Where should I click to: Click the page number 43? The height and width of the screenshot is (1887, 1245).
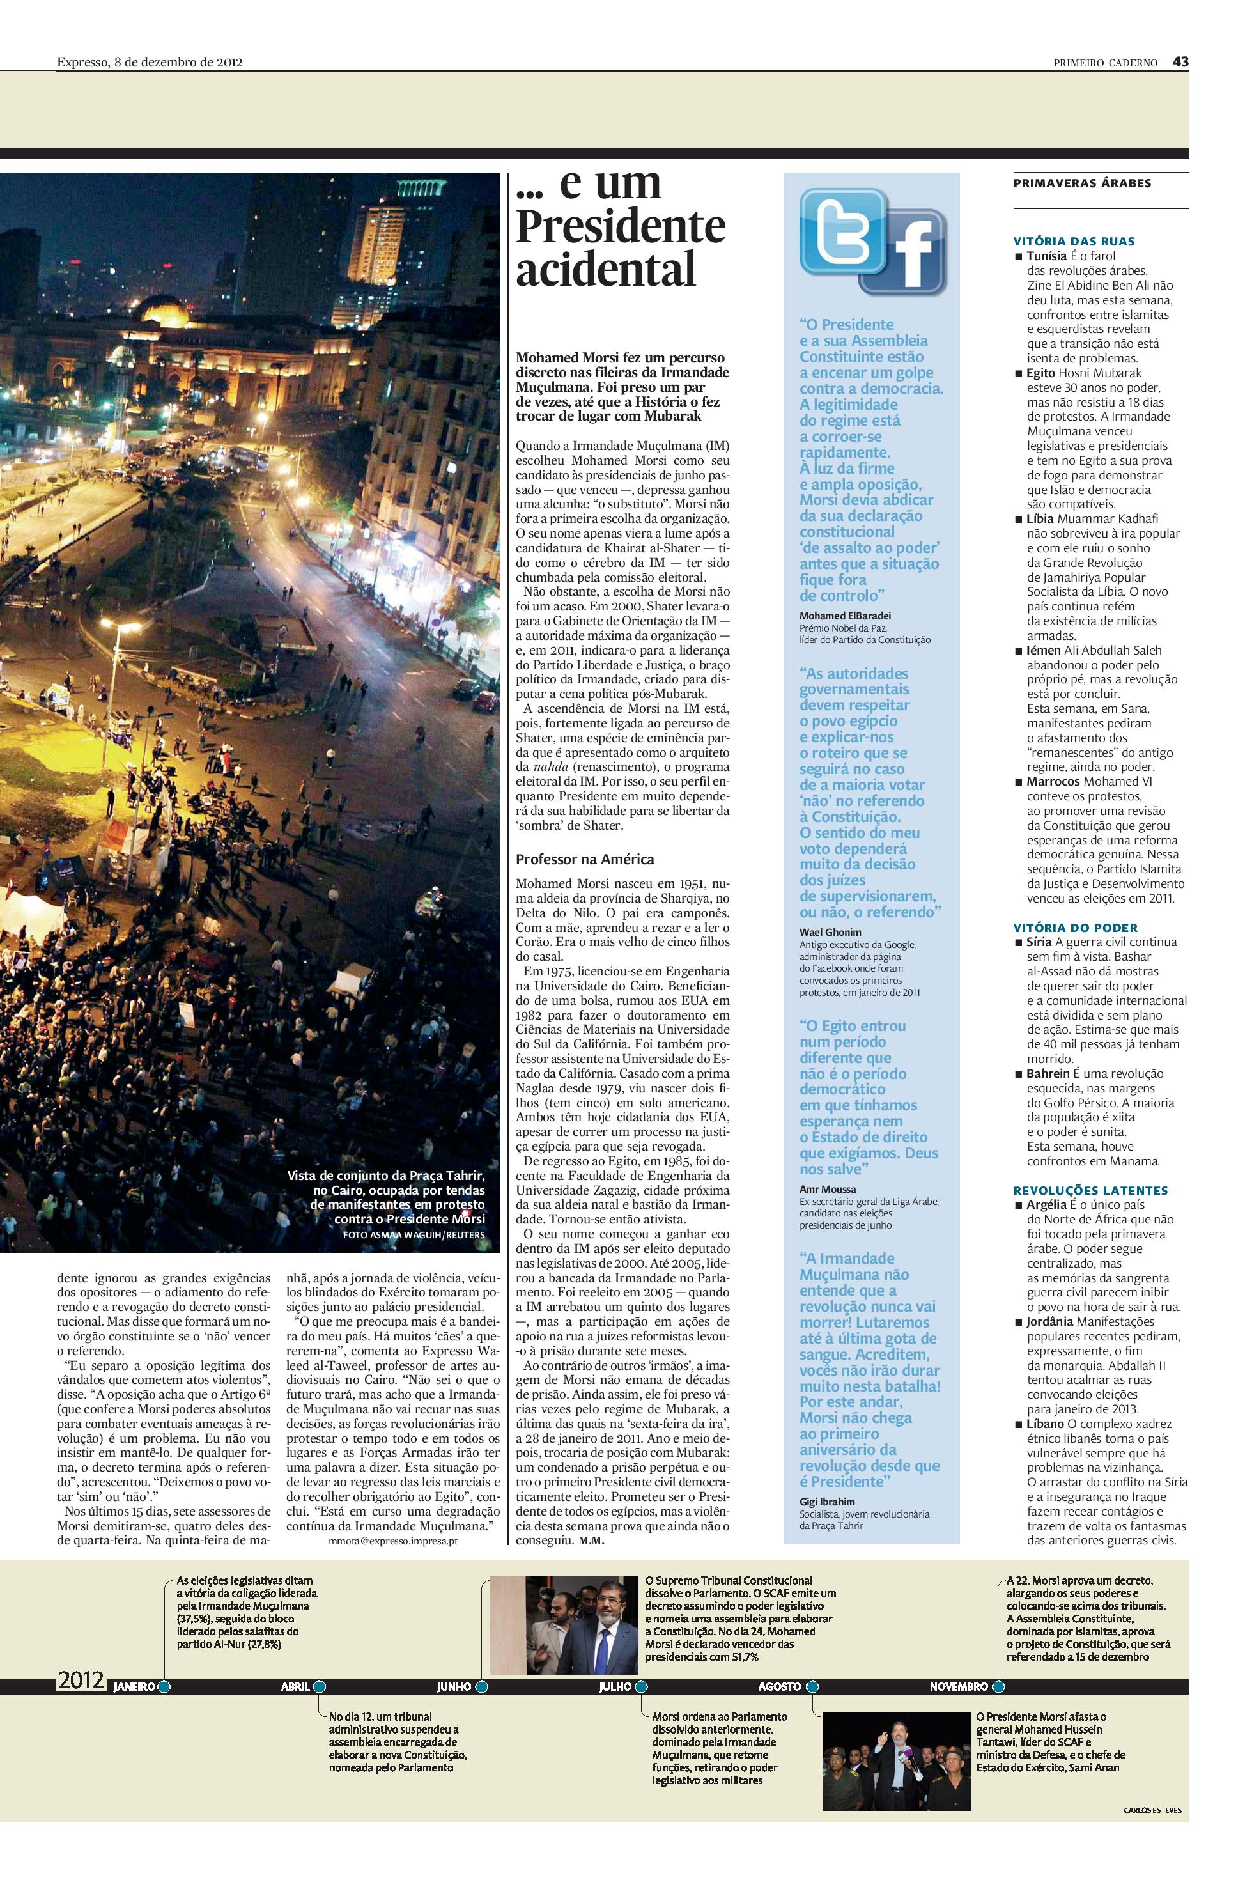(x=1180, y=62)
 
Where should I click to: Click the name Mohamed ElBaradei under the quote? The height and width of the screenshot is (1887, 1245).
(x=840, y=616)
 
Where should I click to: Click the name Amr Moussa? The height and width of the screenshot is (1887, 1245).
(x=828, y=1189)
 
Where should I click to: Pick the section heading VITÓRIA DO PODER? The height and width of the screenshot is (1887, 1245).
(x=1075, y=928)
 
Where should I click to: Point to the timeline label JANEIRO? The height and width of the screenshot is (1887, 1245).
(x=135, y=1686)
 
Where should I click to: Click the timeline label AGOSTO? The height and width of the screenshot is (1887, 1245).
(x=779, y=1686)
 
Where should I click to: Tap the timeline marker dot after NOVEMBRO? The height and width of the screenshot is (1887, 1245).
(x=998, y=1686)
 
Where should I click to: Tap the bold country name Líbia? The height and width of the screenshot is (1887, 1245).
(x=1039, y=518)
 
